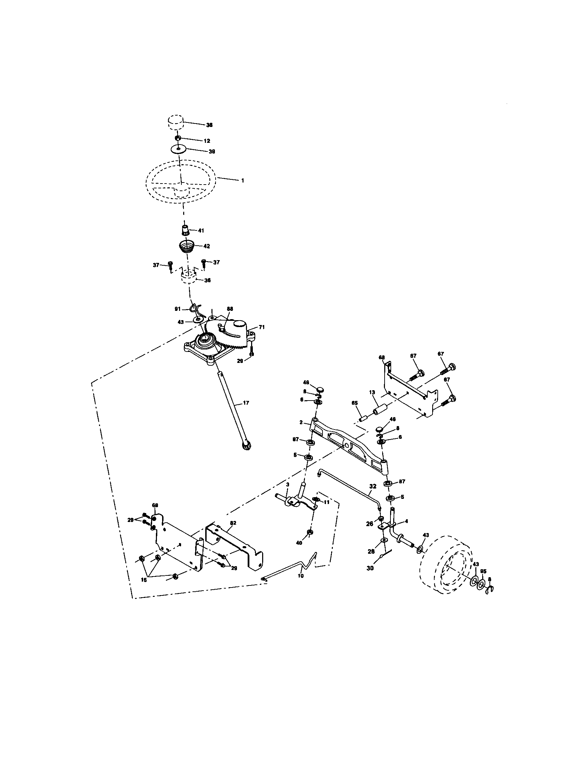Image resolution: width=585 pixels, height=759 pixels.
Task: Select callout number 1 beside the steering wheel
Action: click(243, 181)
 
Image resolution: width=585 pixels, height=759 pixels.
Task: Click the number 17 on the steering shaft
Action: click(246, 403)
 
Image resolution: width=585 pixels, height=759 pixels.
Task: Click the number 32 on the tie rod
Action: click(373, 487)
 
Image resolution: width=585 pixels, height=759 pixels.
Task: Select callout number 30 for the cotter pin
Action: click(370, 569)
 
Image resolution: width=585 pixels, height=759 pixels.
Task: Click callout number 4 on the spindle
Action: click(406, 521)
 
